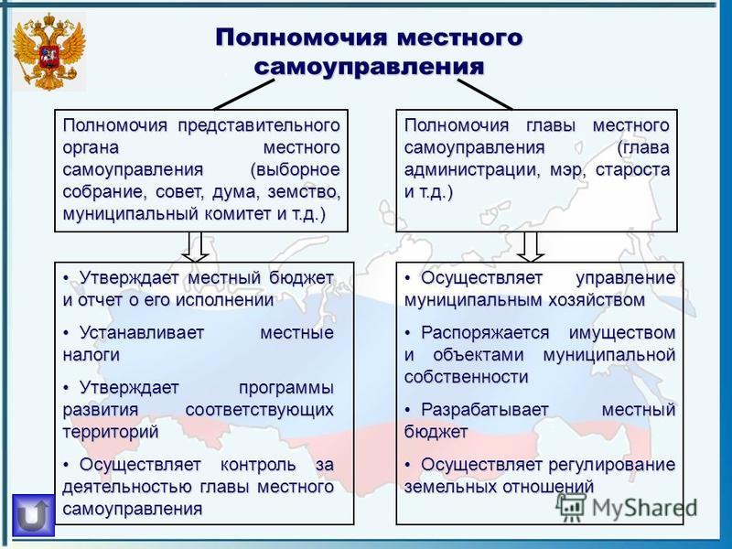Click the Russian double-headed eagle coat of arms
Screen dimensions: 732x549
[x=49, y=52]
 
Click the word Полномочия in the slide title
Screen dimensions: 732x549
[x=302, y=38]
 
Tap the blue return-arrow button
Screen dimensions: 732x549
[x=33, y=515]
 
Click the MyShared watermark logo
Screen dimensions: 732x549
[x=627, y=508]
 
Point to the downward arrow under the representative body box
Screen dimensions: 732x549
[x=195, y=247]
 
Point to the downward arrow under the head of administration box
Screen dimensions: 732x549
[x=531, y=247]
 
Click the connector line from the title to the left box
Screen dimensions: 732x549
[x=244, y=95]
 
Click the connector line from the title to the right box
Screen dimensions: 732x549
[x=485, y=95]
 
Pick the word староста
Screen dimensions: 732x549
[x=632, y=170]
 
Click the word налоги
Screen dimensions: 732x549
[x=91, y=355]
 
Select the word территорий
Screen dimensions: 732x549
[x=111, y=432]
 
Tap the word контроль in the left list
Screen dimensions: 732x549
[x=258, y=465]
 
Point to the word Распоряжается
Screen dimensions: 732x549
[x=485, y=333]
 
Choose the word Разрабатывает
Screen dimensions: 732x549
[x=485, y=410]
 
